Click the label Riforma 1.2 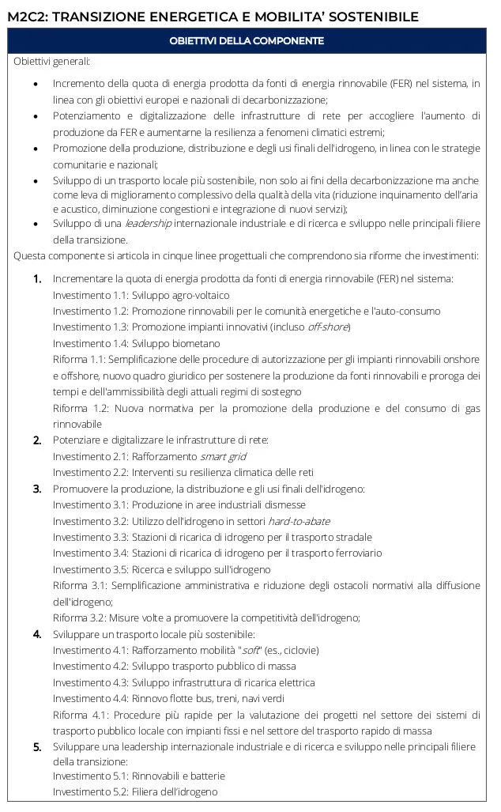coord(80,408)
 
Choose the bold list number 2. coord(37,440)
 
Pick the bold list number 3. coord(37,489)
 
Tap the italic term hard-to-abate coord(299,521)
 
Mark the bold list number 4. coord(37,634)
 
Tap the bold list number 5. coord(37,746)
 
